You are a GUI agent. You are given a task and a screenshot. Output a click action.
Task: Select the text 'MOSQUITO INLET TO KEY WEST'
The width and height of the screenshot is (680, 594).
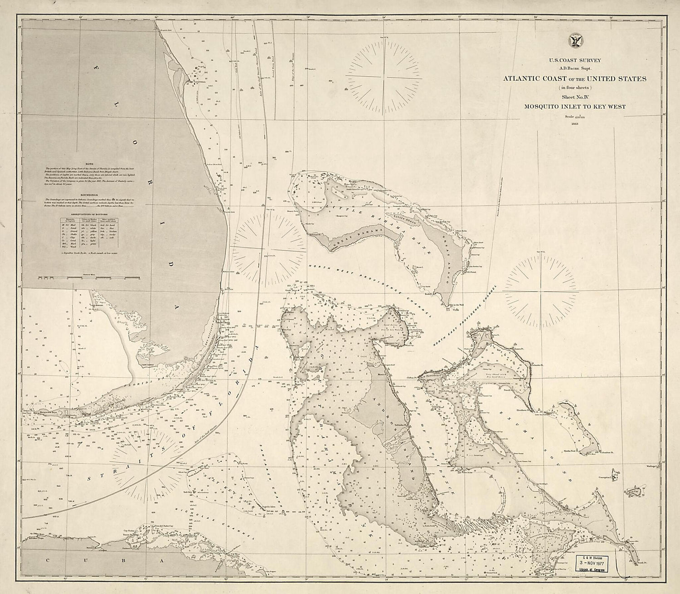tap(575, 107)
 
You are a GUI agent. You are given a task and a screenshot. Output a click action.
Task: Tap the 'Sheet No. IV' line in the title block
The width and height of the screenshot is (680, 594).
tap(575, 97)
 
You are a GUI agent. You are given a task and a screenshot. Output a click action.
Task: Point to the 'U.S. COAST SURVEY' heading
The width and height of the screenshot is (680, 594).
tap(575, 59)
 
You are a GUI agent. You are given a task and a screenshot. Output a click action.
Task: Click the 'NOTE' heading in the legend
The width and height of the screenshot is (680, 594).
tap(89, 163)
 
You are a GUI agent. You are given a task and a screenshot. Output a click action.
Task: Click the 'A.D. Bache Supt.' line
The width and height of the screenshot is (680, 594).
tap(575, 67)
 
